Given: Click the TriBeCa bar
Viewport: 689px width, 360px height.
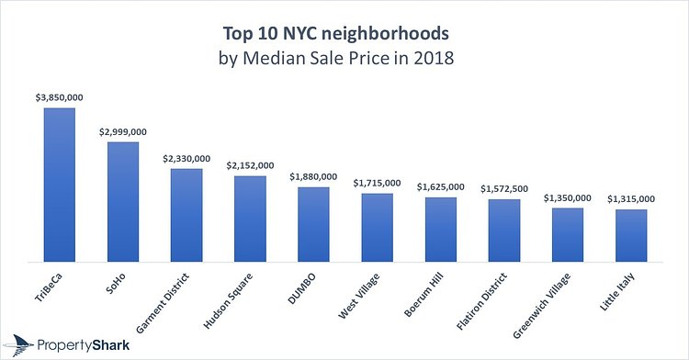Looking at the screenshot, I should click(60, 184).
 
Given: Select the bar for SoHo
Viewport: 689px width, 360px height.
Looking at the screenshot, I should click(123, 201).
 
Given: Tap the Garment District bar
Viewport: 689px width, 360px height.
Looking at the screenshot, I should click(186, 215).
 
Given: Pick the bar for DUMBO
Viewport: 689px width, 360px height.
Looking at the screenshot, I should click(313, 224).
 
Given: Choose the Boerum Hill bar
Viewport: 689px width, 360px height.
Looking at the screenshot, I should click(440, 229).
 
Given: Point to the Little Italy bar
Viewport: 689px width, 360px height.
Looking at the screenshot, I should click(631, 235).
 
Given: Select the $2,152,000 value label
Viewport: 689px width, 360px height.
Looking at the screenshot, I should click(250, 165).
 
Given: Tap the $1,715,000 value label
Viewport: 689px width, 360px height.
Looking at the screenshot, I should click(377, 183).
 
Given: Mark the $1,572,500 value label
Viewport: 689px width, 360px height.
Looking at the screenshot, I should click(504, 188).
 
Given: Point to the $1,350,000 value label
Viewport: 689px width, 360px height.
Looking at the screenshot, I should click(568, 197).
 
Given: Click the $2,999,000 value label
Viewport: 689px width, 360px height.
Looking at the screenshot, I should click(123, 132).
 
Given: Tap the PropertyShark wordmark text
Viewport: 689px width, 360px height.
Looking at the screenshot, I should click(85, 344).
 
